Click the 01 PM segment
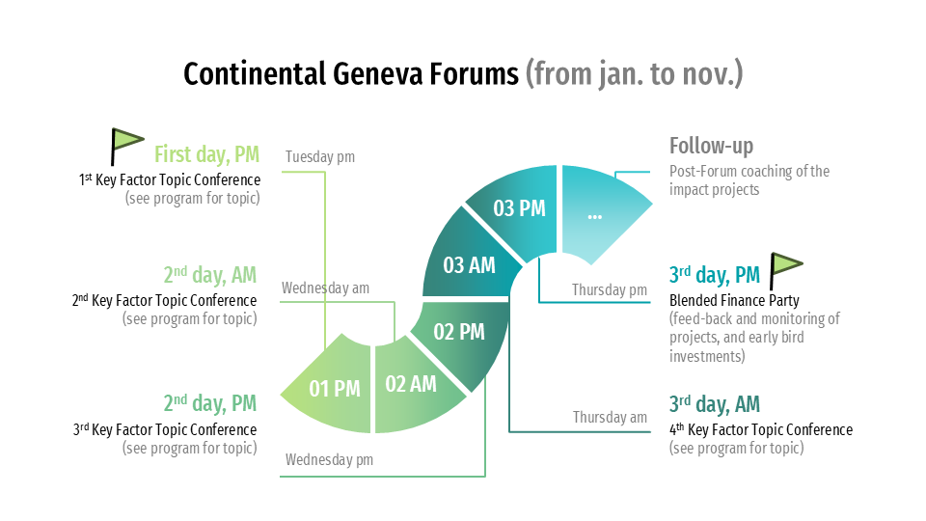coord(331,388)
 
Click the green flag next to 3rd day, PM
coord(786,270)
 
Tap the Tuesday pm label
coord(320,156)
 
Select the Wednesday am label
coord(325,288)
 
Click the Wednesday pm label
coord(329,459)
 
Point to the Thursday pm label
coord(610,290)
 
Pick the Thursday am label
coord(610,417)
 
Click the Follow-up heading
coord(711,146)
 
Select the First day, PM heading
coord(206,154)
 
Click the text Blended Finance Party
coord(734,301)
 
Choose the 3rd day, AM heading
coord(715,404)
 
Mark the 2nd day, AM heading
coord(210,275)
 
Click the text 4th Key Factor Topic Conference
coord(761,429)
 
